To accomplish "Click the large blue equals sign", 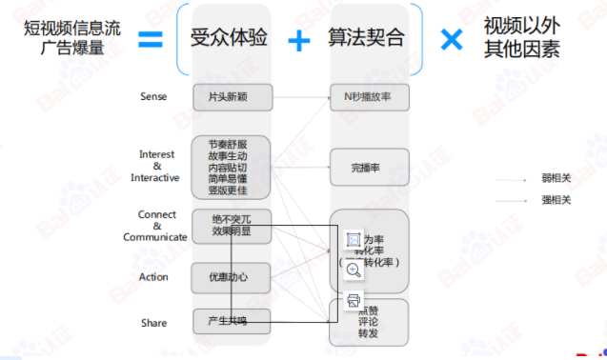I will tap(149, 39).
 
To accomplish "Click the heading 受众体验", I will tap(232, 39).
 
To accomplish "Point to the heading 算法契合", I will tap(366, 39).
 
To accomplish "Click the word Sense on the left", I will tap(152, 97).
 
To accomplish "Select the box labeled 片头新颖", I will tap(232, 97).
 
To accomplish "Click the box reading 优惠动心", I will tap(232, 277).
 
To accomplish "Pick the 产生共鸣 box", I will tap(232, 321).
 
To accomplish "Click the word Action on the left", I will tap(153, 277).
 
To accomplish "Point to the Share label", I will tap(153, 323).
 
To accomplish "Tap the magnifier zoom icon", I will tap(353, 270).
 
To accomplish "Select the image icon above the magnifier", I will tap(353, 239).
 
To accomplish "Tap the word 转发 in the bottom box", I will tap(368, 334).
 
